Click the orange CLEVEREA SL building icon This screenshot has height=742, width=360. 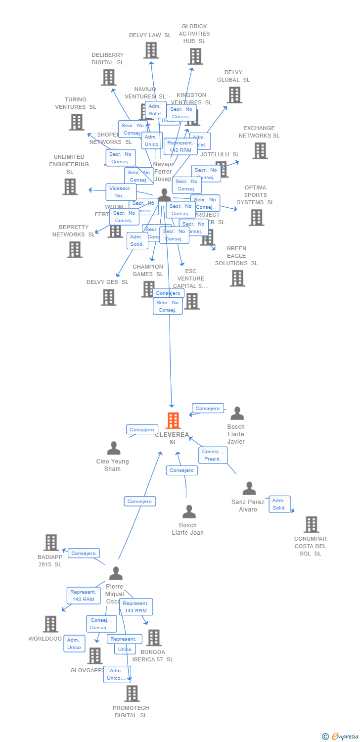pyautogui.click(x=173, y=420)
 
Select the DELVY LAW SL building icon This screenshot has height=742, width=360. pyautogui.click(x=151, y=50)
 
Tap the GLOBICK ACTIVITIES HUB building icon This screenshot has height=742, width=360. pyautogui.click(x=195, y=56)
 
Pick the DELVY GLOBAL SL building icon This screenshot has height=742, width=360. pyautogui.click(x=234, y=94)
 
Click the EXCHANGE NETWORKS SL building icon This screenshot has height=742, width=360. pyautogui.click(x=260, y=150)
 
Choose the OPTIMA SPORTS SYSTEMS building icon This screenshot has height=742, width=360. pyautogui.click(x=256, y=217)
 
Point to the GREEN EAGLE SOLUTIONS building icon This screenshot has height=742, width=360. pyautogui.click(x=237, y=278)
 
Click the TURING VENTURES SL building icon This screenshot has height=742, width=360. pyautogui.click(x=76, y=122)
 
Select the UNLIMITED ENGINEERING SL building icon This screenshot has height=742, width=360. pyautogui.click(x=70, y=186)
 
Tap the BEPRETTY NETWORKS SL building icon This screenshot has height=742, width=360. pyautogui.click(x=75, y=249)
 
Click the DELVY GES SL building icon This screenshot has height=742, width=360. pyautogui.click(x=108, y=297)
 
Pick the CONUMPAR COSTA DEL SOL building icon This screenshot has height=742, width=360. pyautogui.click(x=311, y=524)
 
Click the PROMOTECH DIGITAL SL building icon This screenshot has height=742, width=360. pyautogui.click(x=132, y=694)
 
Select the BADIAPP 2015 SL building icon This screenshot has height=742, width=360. pyautogui.click(x=51, y=543)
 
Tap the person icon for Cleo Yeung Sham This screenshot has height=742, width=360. pyautogui.click(x=114, y=448)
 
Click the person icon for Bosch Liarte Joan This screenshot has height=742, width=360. pyautogui.click(x=189, y=512)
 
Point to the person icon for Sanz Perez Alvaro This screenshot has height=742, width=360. pyautogui.click(x=249, y=489)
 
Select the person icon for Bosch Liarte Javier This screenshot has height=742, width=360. pyautogui.click(x=237, y=414)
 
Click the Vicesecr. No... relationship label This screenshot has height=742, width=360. pyautogui.click(x=121, y=192)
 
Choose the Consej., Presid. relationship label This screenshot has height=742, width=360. pyautogui.click(x=213, y=455)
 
